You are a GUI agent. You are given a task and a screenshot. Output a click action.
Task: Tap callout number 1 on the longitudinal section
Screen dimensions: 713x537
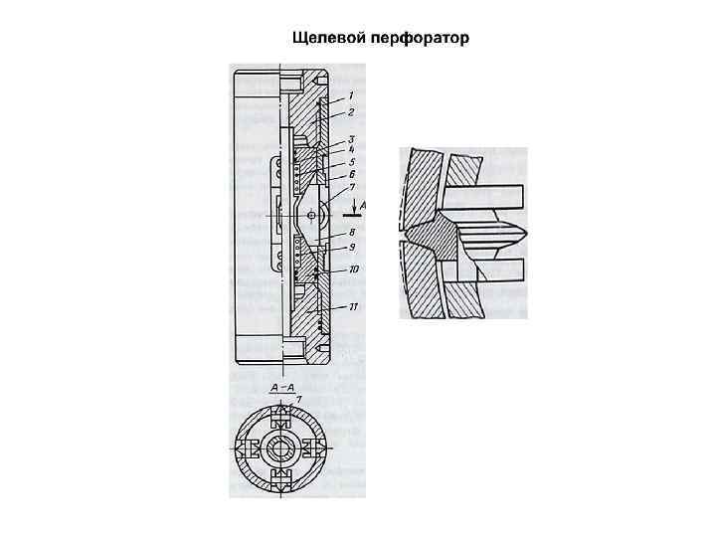point(350,95)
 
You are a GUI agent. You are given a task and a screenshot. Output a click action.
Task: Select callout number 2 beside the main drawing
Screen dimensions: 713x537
point(350,112)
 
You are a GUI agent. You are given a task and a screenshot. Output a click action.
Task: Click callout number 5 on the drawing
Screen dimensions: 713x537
point(350,160)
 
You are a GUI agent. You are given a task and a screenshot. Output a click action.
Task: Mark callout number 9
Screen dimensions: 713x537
point(350,246)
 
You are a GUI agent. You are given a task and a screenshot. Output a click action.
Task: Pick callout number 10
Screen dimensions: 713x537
point(354,268)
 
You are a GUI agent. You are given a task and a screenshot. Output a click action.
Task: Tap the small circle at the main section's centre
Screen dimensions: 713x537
point(312,215)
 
